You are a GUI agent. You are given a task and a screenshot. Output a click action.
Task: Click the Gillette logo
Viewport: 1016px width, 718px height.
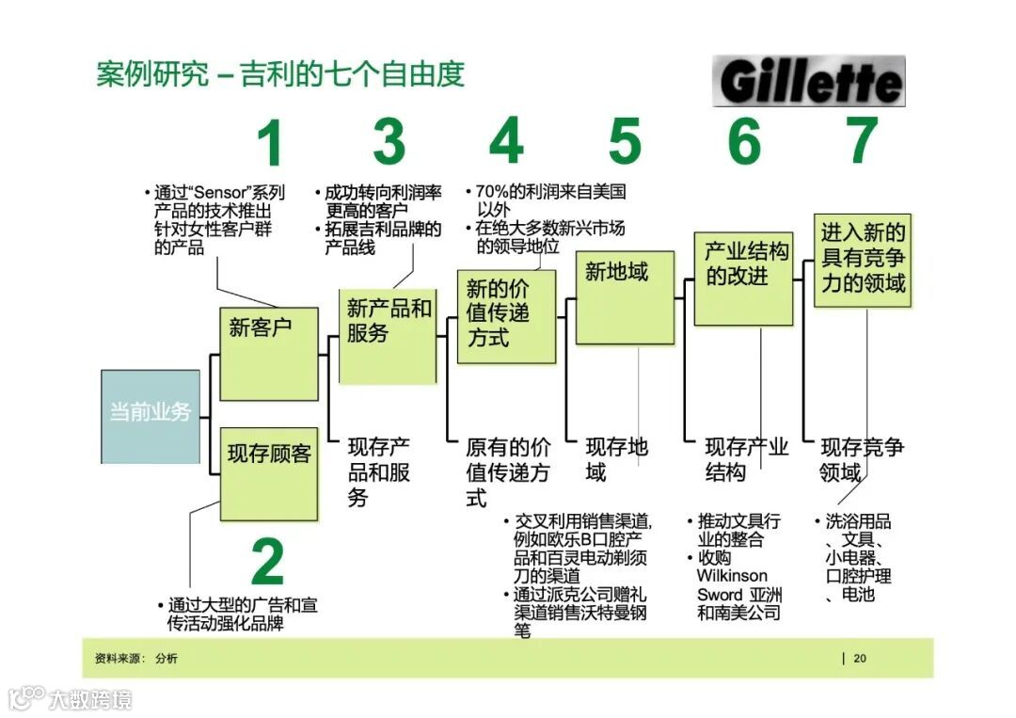(x=809, y=82)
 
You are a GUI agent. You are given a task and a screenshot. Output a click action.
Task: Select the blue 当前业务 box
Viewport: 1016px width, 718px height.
(x=151, y=416)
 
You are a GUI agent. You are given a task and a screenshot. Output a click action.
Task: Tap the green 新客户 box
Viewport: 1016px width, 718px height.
(x=268, y=353)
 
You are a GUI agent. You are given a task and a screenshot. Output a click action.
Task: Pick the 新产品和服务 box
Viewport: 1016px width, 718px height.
(x=388, y=336)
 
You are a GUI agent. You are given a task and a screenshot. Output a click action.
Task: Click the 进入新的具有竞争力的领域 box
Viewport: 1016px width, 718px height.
(x=862, y=260)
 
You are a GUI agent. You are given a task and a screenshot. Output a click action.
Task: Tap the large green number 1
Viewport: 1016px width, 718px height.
(x=271, y=144)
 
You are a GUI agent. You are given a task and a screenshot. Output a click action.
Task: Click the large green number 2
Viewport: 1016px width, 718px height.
(x=267, y=563)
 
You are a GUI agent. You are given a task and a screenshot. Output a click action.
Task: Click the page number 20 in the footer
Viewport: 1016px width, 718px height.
(x=860, y=659)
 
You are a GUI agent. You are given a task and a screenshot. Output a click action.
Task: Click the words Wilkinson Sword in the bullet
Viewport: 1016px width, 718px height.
(x=732, y=585)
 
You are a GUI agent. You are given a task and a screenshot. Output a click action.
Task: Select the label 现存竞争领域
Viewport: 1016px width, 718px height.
(x=861, y=459)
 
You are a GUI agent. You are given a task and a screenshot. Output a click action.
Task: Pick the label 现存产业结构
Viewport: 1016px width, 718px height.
(x=745, y=459)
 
